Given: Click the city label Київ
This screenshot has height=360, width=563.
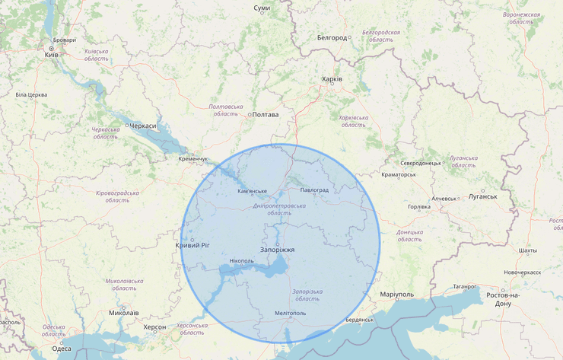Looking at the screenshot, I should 52,55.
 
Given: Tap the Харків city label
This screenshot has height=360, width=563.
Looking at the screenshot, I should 332,79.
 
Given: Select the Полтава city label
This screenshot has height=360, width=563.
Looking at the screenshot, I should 265,115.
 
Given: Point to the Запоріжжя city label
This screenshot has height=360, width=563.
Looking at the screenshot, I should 277,250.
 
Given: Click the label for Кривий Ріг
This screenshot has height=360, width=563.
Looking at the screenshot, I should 192,245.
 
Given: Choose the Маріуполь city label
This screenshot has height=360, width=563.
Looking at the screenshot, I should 396,294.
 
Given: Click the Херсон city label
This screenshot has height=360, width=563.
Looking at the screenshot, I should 154,327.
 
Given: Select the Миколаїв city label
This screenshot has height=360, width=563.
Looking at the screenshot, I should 124,313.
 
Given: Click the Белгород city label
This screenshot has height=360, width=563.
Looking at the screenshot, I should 332,37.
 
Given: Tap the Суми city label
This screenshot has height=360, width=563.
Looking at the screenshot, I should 262,8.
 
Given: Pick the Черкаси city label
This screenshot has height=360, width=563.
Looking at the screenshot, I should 142,126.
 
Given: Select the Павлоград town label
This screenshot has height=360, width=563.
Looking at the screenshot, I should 314,190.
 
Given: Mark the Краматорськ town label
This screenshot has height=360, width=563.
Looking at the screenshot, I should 398,174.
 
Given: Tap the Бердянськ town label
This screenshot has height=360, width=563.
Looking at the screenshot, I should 359,320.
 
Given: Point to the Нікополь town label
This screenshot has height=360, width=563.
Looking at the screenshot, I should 240,261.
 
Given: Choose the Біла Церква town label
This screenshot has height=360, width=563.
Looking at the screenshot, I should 31,94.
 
